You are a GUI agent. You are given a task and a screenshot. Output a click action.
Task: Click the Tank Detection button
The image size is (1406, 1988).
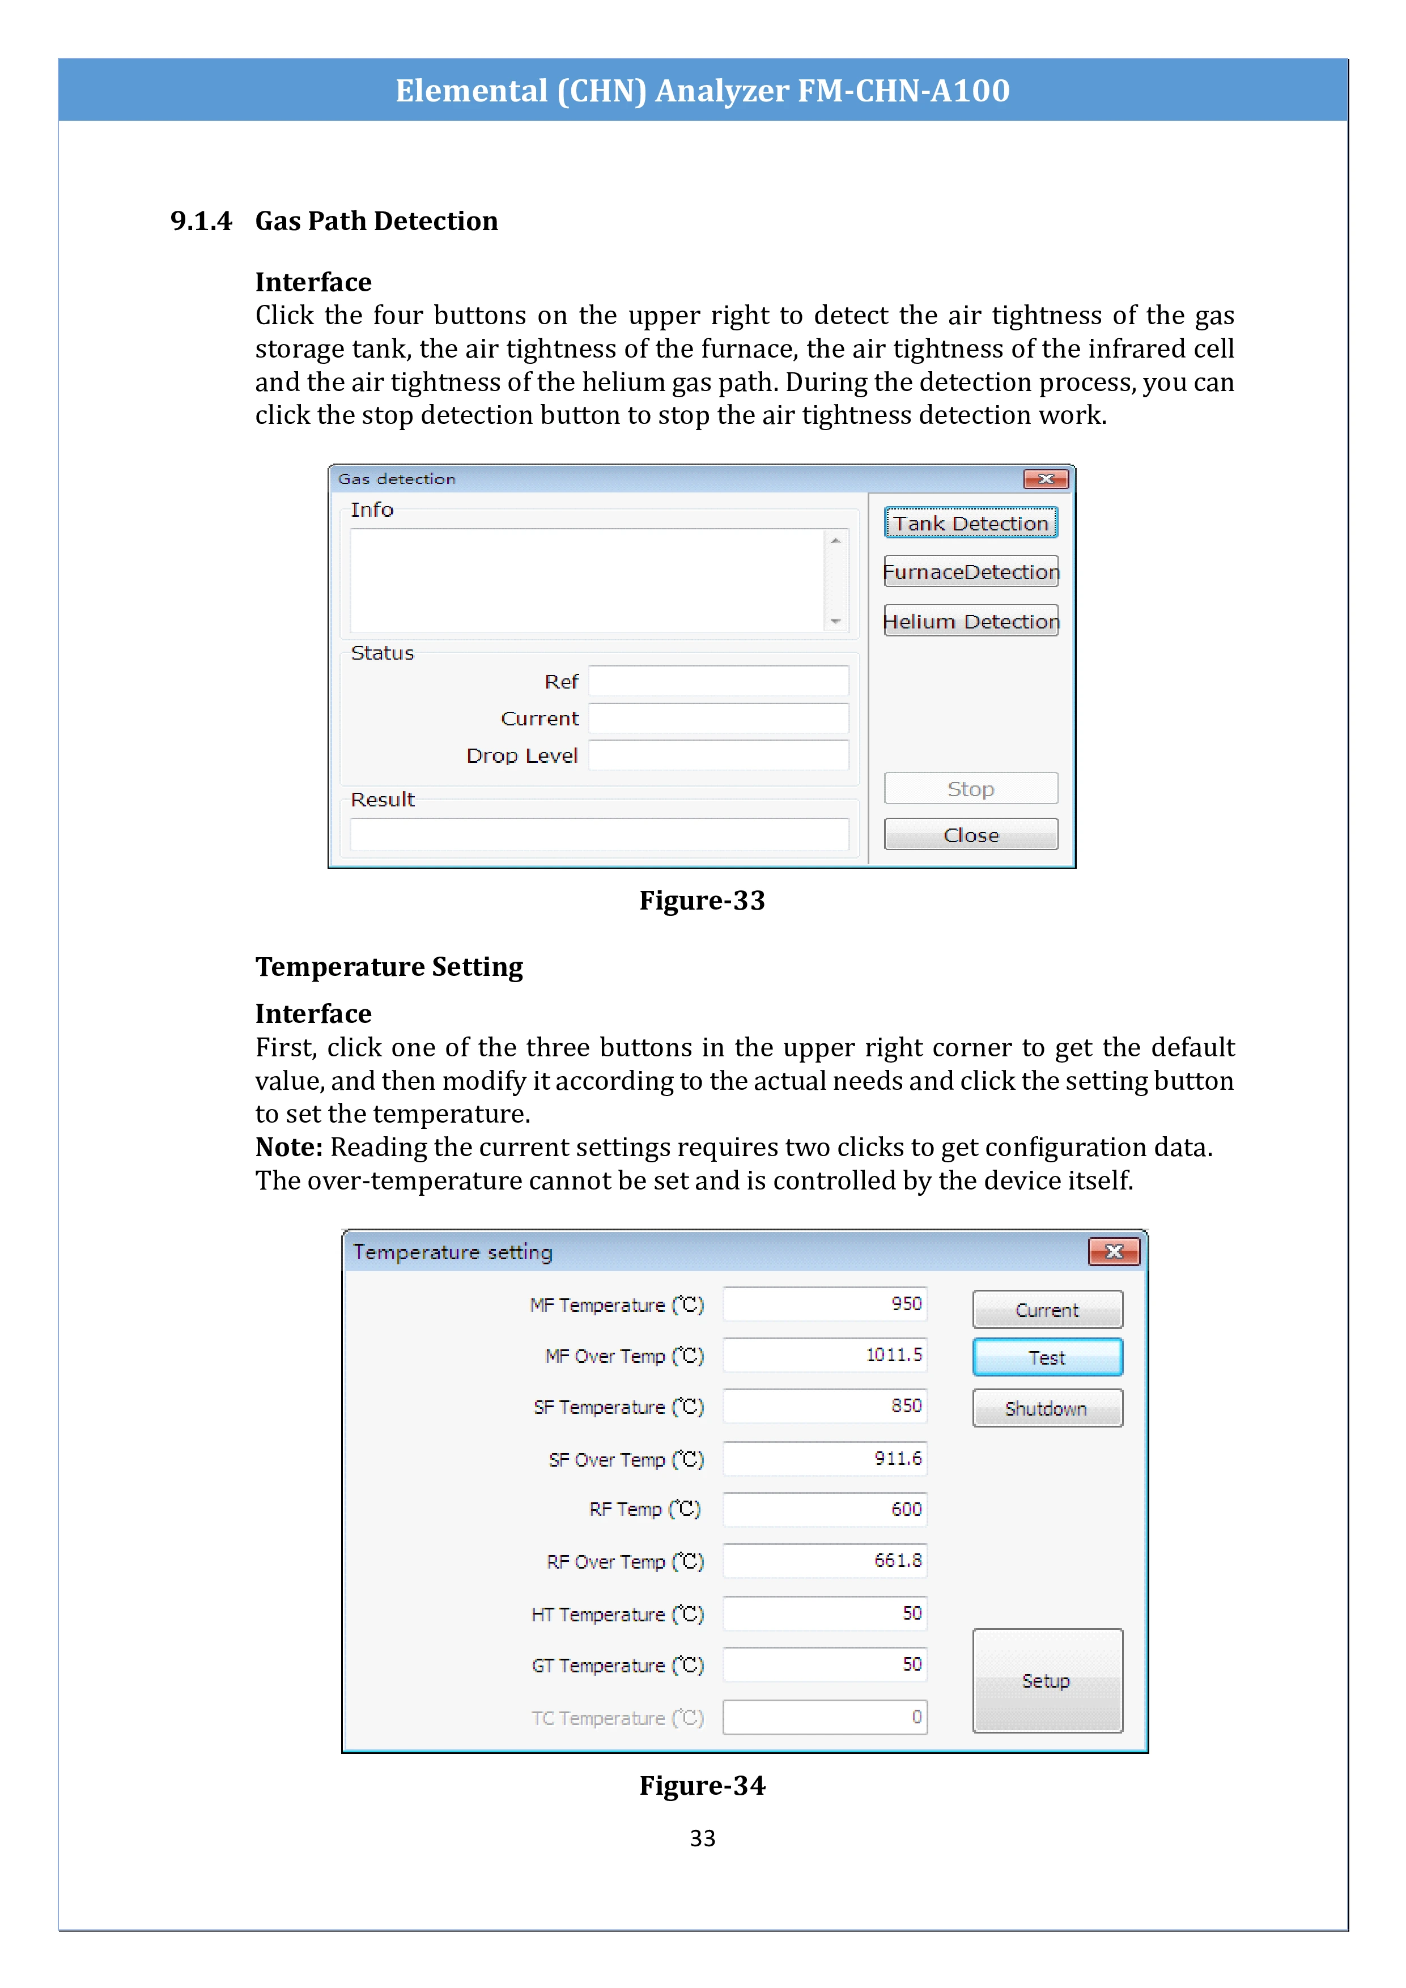coord(971,523)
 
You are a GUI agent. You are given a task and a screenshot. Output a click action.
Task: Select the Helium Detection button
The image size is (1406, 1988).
coord(971,621)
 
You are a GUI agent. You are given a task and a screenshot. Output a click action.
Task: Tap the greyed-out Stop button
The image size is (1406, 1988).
coord(971,789)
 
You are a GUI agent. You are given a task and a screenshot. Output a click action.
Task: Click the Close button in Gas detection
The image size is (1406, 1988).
coord(971,835)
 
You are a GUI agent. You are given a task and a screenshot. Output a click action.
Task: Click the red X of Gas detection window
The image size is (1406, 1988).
coord(1045,479)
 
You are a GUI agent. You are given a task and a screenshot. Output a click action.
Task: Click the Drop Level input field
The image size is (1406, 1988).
coord(719,755)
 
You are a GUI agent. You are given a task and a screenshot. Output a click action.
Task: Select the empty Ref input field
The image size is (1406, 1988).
coord(719,681)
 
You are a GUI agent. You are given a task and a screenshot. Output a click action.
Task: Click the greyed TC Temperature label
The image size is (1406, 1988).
coord(617,1718)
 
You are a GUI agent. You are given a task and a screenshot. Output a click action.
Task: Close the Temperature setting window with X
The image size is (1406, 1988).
coord(1114,1252)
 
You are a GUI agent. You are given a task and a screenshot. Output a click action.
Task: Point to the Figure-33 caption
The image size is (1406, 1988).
coord(702,900)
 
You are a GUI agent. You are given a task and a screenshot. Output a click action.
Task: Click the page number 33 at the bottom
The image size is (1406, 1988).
coord(702,1838)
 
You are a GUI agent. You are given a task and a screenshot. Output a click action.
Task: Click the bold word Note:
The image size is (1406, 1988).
coord(289,1147)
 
